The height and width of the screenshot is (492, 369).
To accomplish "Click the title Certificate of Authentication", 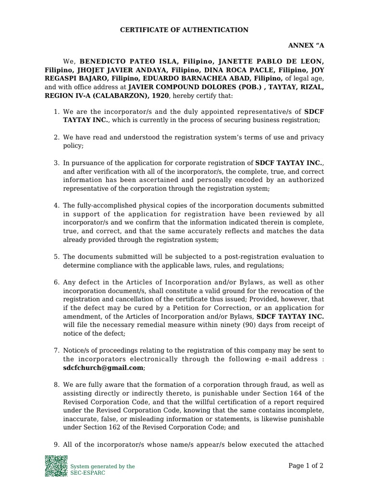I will tap(184, 30).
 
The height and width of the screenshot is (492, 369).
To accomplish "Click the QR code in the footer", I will tap(56, 466).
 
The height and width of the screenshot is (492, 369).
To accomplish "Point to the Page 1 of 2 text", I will tap(306, 466).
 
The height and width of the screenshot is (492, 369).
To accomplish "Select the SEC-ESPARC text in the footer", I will tap(88, 473).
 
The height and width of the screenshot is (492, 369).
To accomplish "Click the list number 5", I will tap(56, 257).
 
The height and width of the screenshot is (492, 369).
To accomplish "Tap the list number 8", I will tap(56, 384).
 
